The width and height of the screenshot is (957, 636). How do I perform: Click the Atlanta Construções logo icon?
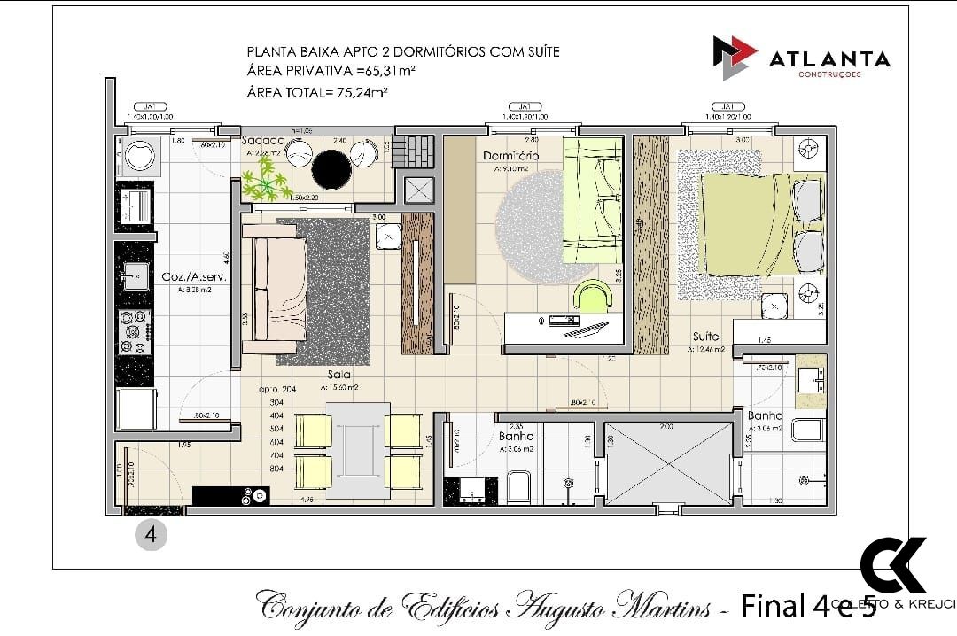click(x=735, y=58)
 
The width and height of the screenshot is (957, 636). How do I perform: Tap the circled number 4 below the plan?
click(x=152, y=535)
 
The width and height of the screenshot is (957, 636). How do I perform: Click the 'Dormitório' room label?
click(x=510, y=157)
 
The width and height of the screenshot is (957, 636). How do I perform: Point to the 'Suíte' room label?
click(x=705, y=337)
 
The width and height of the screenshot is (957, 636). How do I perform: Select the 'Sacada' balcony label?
click(x=263, y=140)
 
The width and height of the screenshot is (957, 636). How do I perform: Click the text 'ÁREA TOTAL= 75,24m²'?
click(x=319, y=91)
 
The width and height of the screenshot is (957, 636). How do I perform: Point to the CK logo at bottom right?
click(x=892, y=565)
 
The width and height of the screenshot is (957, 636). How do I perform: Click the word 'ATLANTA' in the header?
click(x=829, y=59)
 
